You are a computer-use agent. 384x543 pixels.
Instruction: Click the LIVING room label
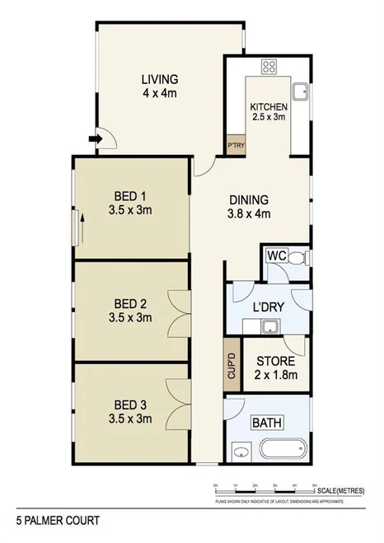pyautogui.click(x=160, y=79)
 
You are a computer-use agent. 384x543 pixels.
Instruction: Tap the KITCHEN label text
pyautogui.click(x=269, y=107)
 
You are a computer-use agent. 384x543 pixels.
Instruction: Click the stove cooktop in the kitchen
pyautogui.click(x=269, y=68)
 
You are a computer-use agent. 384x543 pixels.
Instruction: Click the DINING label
pyautogui.click(x=249, y=199)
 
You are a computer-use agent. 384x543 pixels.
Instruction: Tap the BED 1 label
pyautogui.click(x=130, y=196)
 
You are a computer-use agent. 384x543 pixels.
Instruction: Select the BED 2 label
pyautogui.click(x=130, y=302)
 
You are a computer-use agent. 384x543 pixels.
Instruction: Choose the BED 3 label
pyautogui.click(x=130, y=405)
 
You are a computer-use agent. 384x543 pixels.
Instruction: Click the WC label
pyautogui.click(x=275, y=256)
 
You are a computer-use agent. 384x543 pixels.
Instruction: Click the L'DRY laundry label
pyautogui.click(x=268, y=307)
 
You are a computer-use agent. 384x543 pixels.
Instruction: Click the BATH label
pyautogui.click(x=267, y=424)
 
